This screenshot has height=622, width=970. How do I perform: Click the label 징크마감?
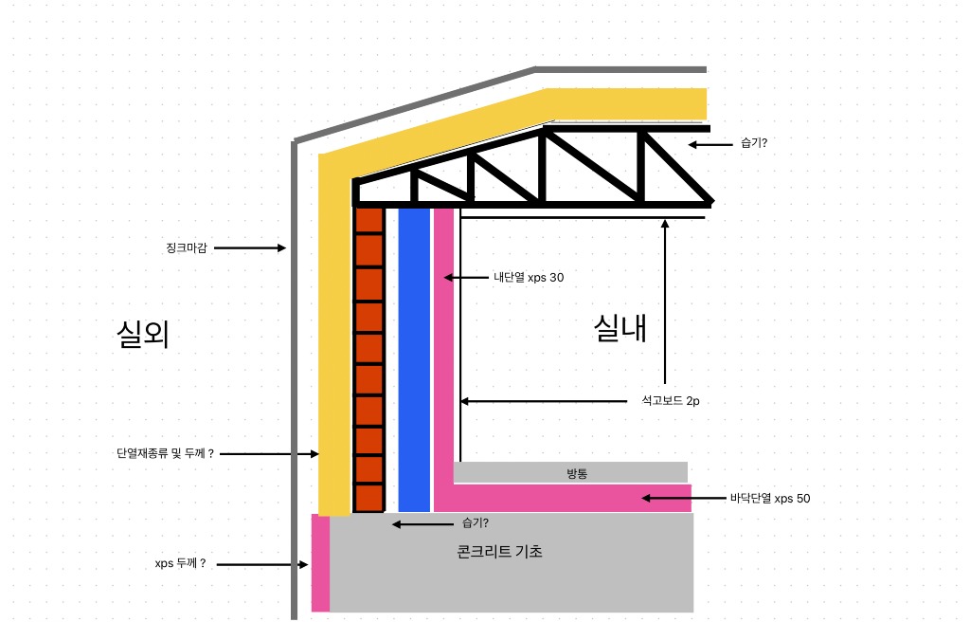[187, 247]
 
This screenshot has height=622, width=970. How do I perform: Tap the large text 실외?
[143, 334]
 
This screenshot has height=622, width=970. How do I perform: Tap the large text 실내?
[620, 328]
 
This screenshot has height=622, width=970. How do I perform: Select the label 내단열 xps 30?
[529, 278]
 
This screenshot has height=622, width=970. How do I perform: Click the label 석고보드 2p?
[671, 401]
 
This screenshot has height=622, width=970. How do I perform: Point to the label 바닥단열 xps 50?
[770, 498]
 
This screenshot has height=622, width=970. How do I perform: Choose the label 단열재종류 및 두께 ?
[165, 453]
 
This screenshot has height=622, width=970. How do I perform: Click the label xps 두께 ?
[180, 564]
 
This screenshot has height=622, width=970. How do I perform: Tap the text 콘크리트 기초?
[500, 552]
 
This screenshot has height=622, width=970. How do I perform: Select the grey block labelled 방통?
[570, 472]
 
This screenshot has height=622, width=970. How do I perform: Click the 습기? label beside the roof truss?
[754, 143]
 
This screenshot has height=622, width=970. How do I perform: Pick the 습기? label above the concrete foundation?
[476, 522]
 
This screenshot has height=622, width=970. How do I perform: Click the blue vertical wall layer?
[414, 360]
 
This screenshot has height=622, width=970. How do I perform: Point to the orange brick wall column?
[369, 360]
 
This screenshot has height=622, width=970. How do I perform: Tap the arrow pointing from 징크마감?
[250, 247]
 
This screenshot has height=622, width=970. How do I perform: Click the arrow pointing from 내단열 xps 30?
[466, 278]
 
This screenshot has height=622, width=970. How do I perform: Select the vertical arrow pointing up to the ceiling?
[665, 302]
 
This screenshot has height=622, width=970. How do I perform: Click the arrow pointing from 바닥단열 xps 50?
[683, 498]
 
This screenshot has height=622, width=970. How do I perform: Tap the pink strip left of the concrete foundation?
[320, 563]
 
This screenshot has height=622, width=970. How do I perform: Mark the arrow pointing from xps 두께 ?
[262, 564]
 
